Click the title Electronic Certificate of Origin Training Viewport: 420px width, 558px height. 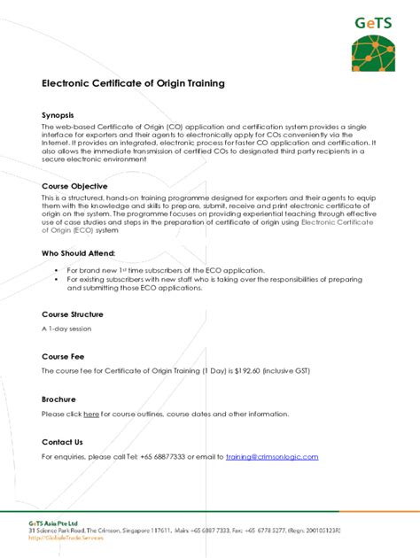pos(133,84)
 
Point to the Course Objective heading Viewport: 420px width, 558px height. pos(74,186)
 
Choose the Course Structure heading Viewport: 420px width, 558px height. pos(73,314)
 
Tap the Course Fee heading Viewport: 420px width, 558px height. pos(63,356)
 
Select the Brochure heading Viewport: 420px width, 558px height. pos(58,399)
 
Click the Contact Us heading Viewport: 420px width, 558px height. pos(62,442)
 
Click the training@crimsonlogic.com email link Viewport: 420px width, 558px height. pos(272,456)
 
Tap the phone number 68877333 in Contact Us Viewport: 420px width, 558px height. pos(169,456)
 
